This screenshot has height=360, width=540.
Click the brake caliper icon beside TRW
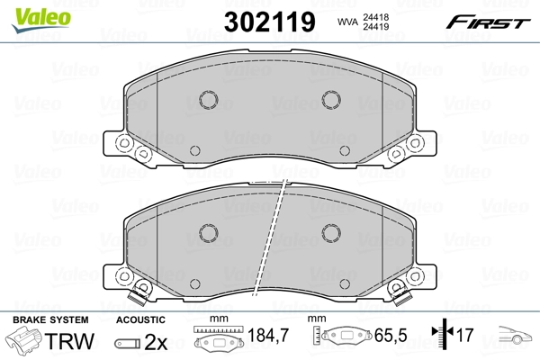pos(24,342)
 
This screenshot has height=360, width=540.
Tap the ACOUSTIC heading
pos(140,319)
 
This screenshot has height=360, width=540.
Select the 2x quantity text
pos(156,342)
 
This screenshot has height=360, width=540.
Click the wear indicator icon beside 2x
pos(126,343)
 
